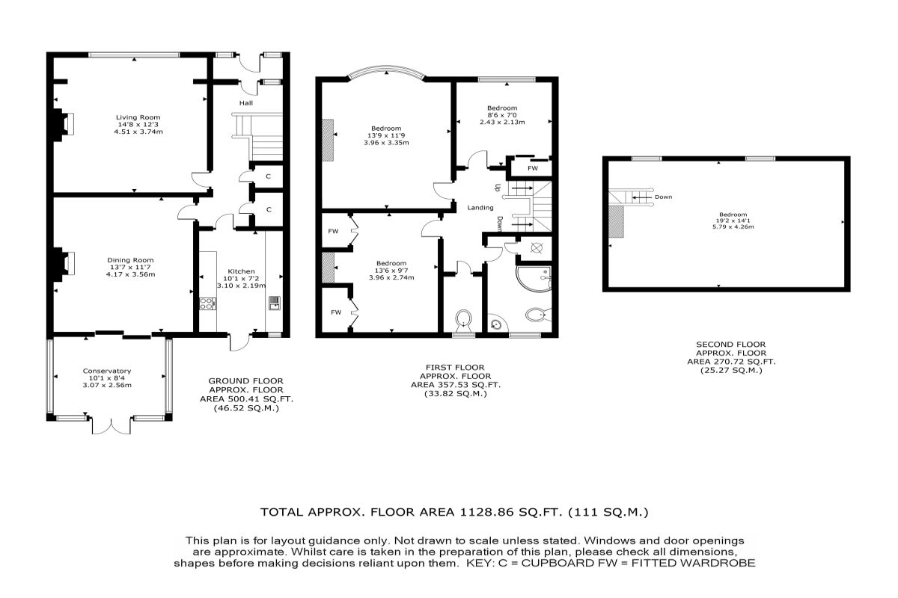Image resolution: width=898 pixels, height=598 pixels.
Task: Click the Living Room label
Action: (138, 117)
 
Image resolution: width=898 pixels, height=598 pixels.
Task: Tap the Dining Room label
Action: (130, 260)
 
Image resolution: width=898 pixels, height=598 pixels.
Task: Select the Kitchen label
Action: (241, 271)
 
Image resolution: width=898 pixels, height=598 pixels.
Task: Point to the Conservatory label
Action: (107, 371)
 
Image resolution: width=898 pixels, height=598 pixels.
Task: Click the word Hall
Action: (246, 103)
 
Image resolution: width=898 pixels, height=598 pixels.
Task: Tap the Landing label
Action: (480, 208)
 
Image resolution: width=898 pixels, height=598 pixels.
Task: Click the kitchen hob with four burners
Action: (207, 303)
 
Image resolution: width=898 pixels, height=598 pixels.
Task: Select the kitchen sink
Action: (275, 303)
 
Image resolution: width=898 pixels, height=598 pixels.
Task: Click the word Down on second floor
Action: (664, 197)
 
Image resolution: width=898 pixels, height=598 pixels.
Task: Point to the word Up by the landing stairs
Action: (498, 187)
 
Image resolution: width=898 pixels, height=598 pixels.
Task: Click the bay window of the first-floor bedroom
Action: (385, 73)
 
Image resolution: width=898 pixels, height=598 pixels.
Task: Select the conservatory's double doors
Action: (112, 425)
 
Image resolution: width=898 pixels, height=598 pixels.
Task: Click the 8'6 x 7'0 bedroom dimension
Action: (502, 115)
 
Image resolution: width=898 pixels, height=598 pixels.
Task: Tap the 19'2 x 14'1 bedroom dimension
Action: (733, 221)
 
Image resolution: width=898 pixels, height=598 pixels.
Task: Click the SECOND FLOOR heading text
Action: (731, 345)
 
